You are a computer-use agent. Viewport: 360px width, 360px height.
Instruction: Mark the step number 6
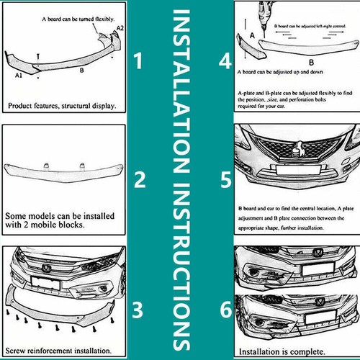(225, 312)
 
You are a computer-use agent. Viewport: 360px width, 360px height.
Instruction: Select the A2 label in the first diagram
(120, 27)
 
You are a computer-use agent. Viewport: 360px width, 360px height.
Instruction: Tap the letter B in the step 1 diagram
(81, 71)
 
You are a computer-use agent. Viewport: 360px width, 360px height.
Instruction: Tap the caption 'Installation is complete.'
(276, 351)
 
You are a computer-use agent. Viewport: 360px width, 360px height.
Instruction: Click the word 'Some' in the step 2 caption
(14, 215)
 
